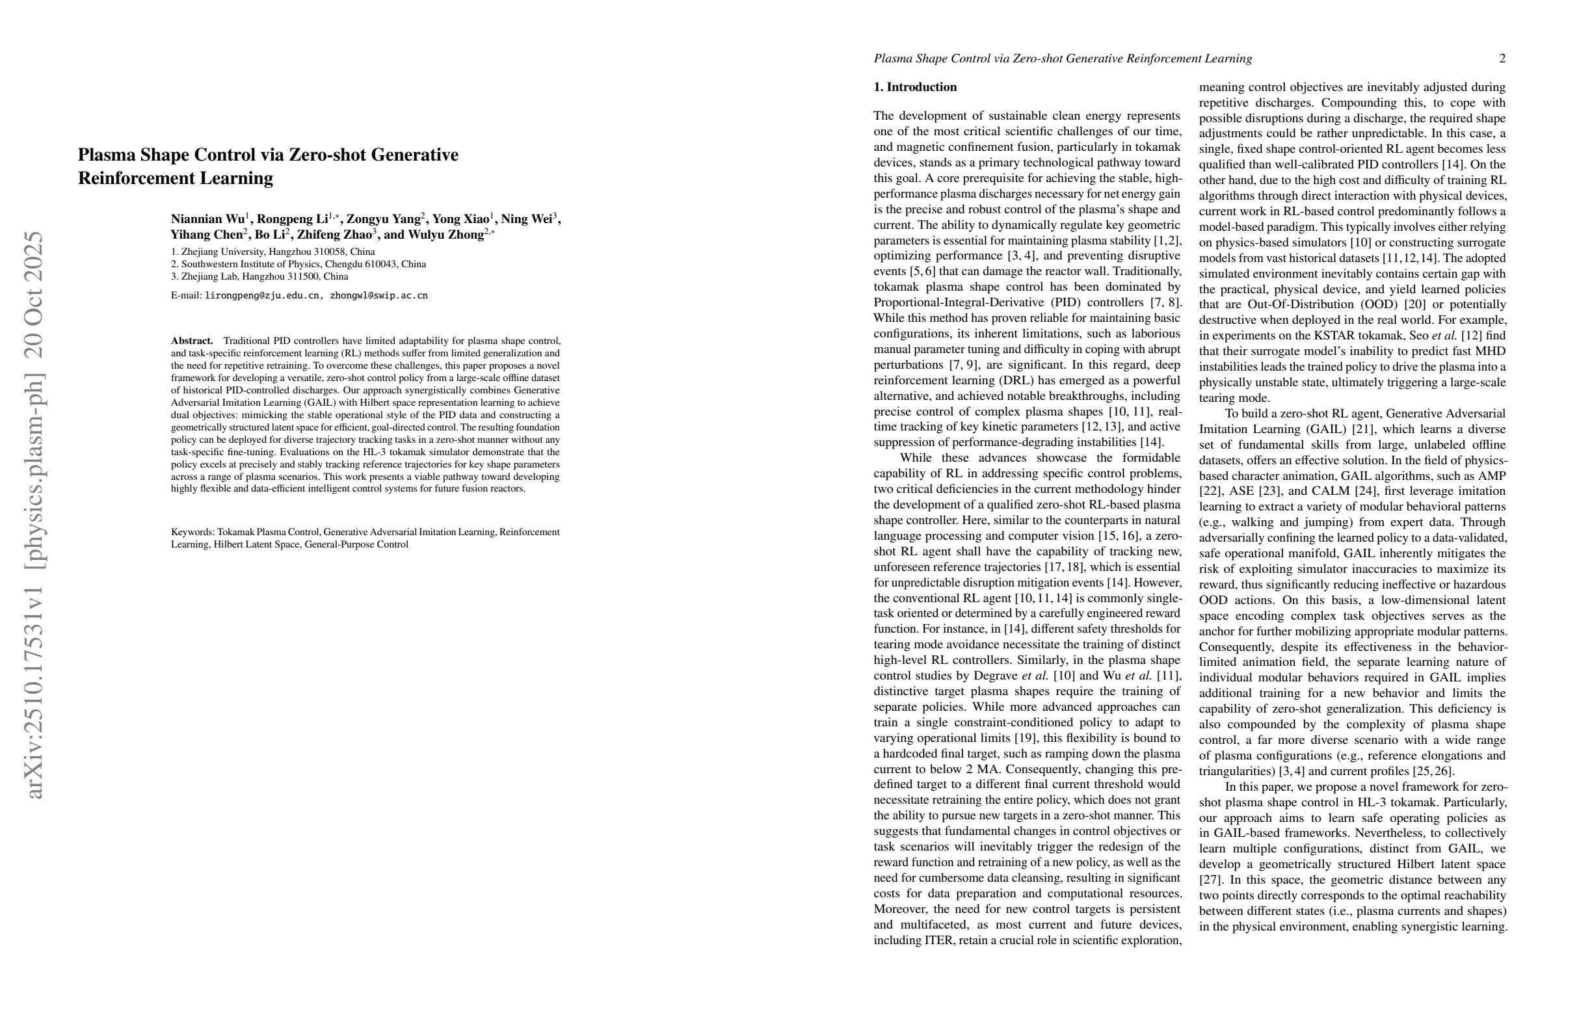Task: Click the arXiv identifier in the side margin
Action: [x=33, y=515]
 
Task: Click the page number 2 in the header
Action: [x=1502, y=59]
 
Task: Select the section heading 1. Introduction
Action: [x=915, y=87]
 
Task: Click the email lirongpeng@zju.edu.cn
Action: [x=261, y=296]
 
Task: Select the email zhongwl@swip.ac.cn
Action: [x=378, y=296]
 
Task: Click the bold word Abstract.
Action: [x=191, y=341]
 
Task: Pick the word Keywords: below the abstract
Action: [x=192, y=533]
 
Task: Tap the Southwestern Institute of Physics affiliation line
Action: [x=298, y=264]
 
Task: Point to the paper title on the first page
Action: [x=268, y=166]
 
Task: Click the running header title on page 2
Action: [x=1062, y=59]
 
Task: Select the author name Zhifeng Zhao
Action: [x=334, y=235]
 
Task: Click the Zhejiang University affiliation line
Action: [x=273, y=252]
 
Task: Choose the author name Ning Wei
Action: [x=525, y=219]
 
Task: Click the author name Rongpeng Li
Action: [x=292, y=219]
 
